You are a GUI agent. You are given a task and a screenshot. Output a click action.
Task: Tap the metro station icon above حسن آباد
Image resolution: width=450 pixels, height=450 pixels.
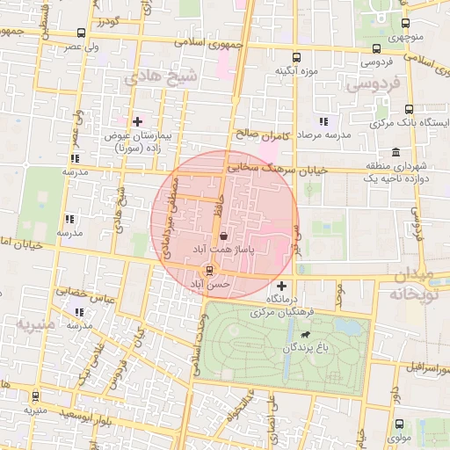point(208,271)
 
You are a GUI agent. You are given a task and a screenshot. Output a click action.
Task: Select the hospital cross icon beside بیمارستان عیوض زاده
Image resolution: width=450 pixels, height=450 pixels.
point(136,121)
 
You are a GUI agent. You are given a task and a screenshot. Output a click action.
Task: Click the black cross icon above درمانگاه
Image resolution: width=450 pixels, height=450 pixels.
point(281,287)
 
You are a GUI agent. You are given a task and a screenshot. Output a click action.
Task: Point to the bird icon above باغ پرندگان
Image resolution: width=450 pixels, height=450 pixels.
point(304,335)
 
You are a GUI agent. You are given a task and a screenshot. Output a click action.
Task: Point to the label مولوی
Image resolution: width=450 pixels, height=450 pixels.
point(398,437)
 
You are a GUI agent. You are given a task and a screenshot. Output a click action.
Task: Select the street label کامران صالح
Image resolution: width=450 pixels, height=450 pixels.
point(262,136)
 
